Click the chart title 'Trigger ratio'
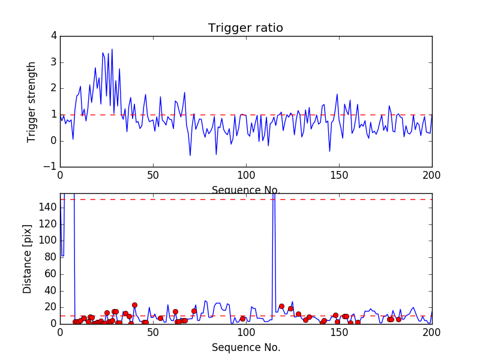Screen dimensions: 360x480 point(245,28)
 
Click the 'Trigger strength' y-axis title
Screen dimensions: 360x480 point(32,101)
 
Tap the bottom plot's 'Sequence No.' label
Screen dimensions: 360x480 point(245,347)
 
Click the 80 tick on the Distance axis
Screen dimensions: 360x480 point(50,257)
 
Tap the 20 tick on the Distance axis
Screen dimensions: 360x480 point(50,307)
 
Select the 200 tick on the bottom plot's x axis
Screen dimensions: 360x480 point(431,332)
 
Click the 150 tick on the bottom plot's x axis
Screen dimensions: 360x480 point(338,332)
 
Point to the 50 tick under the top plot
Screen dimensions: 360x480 point(153,175)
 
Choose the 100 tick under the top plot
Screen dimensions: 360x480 point(245,175)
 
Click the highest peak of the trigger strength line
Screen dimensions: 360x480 point(112,49)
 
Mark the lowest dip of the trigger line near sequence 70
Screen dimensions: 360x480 point(190,155)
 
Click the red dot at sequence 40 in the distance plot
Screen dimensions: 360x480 point(134,305)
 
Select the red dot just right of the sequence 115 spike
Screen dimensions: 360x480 point(281,306)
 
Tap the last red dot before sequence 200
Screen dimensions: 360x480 point(398,319)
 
